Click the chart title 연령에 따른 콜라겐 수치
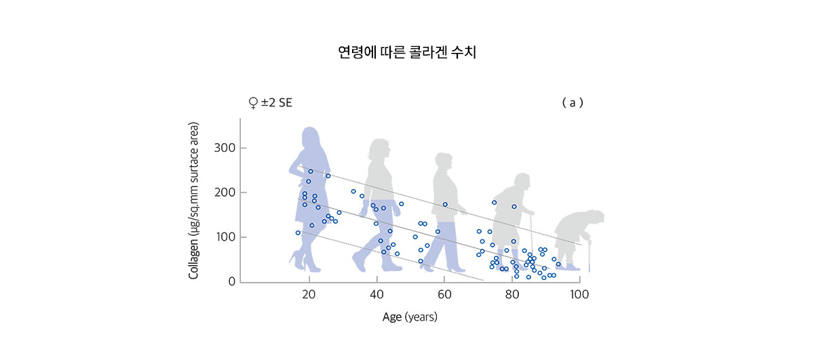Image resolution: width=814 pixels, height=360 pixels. (x=407, y=52)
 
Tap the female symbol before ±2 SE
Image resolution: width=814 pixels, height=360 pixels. (x=253, y=103)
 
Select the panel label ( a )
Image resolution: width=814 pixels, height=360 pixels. (x=573, y=103)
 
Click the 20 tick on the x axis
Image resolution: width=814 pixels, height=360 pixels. (x=309, y=295)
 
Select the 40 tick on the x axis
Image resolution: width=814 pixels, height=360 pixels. (x=376, y=295)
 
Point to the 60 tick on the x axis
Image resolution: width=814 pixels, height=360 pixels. (x=444, y=295)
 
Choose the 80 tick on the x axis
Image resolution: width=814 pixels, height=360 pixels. (x=511, y=295)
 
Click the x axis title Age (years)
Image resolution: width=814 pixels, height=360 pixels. (x=410, y=317)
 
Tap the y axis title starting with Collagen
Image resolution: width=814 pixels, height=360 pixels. (x=194, y=201)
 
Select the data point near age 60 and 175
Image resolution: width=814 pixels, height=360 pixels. (x=445, y=204)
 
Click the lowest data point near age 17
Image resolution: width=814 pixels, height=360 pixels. (x=298, y=233)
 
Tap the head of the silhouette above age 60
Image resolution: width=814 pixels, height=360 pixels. (x=443, y=163)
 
